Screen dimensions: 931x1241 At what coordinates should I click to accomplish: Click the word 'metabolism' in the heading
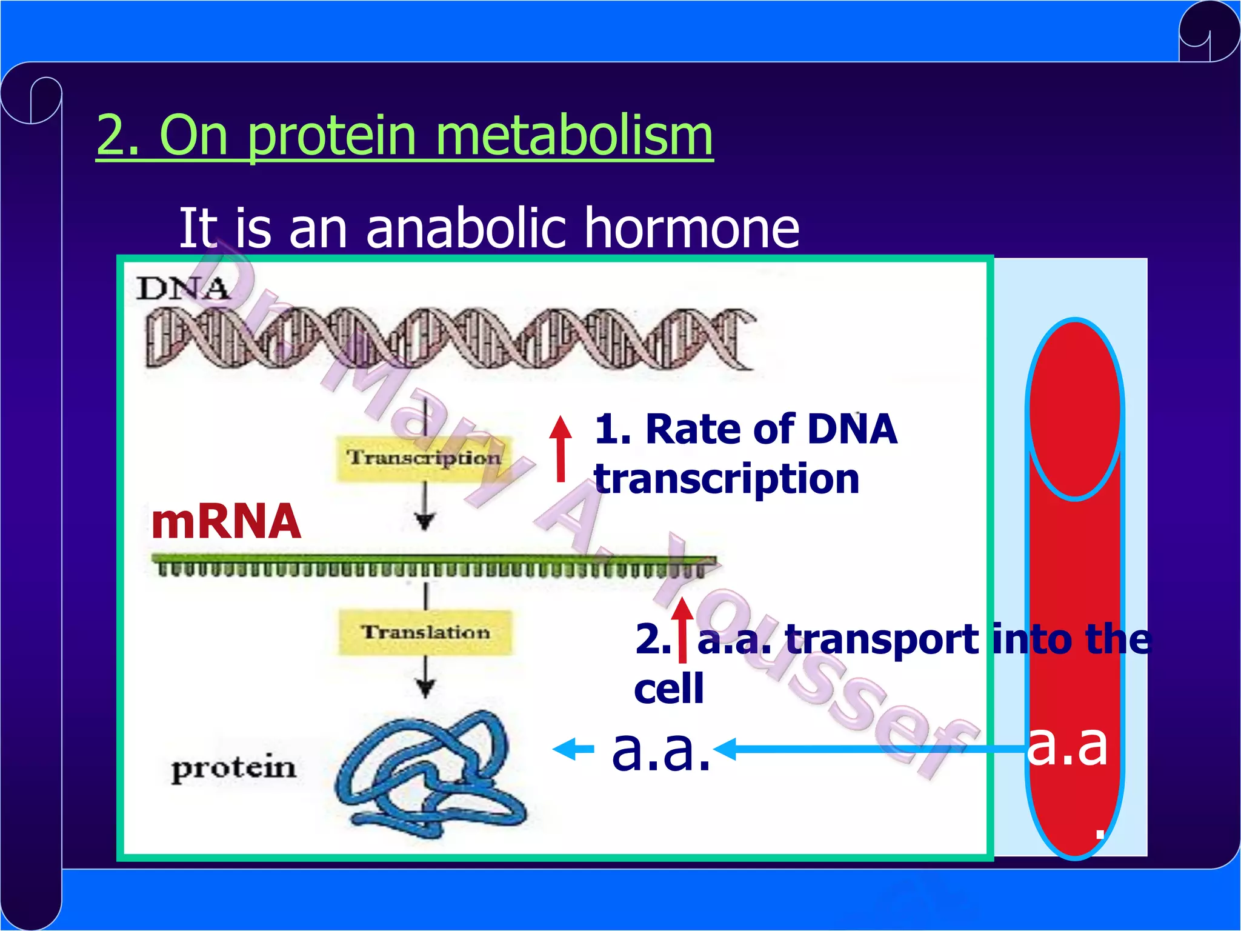pyautogui.click(x=573, y=136)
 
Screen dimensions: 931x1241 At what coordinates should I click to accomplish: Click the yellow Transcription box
pyautogui.click(x=424, y=458)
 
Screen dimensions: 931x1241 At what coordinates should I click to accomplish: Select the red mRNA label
pyautogui.click(x=226, y=521)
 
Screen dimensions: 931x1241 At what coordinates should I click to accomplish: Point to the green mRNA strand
pyautogui.click(x=433, y=564)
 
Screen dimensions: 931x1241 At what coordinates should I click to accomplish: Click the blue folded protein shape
pyautogui.click(x=430, y=776)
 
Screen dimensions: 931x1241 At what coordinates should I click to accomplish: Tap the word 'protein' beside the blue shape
pyautogui.click(x=233, y=769)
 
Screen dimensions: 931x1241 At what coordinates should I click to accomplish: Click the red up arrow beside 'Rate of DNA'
pyautogui.click(x=561, y=449)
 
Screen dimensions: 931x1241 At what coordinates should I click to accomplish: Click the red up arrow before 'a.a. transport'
pyautogui.click(x=683, y=630)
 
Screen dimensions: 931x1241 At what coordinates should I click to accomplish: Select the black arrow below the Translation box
pyautogui.click(x=425, y=678)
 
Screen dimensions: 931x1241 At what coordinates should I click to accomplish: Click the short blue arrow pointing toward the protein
pyautogui.click(x=573, y=749)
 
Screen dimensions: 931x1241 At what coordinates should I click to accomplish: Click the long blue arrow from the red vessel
pyautogui.click(x=873, y=749)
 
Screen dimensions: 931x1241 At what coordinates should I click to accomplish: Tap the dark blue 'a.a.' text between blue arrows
pyautogui.click(x=660, y=750)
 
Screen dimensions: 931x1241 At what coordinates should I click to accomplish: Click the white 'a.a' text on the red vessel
pyautogui.click(x=1068, y=746)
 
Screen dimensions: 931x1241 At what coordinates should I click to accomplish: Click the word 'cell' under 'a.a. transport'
pyautogui.click(x=669, y=689)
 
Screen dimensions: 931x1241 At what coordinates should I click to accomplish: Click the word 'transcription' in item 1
pyautogui.click(x=726, y=479)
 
